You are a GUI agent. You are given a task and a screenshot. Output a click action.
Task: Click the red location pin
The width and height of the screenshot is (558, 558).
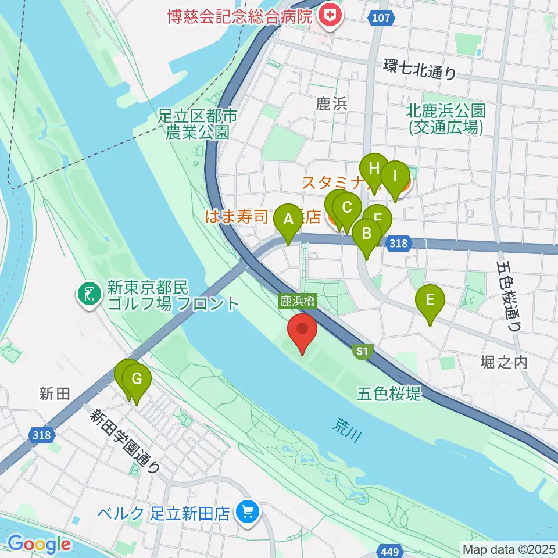point(303,331)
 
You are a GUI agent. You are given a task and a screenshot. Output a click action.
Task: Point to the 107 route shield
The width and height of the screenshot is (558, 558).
point(381,18)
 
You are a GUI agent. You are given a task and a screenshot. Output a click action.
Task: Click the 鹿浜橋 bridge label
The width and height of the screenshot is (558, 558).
point(298,301)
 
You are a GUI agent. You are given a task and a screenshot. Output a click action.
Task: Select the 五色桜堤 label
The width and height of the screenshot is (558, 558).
point(389,393)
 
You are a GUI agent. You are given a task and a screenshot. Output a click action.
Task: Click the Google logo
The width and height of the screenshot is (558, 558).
point(40,545)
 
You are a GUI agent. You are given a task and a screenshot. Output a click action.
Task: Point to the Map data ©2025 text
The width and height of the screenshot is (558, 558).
point(509,549)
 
